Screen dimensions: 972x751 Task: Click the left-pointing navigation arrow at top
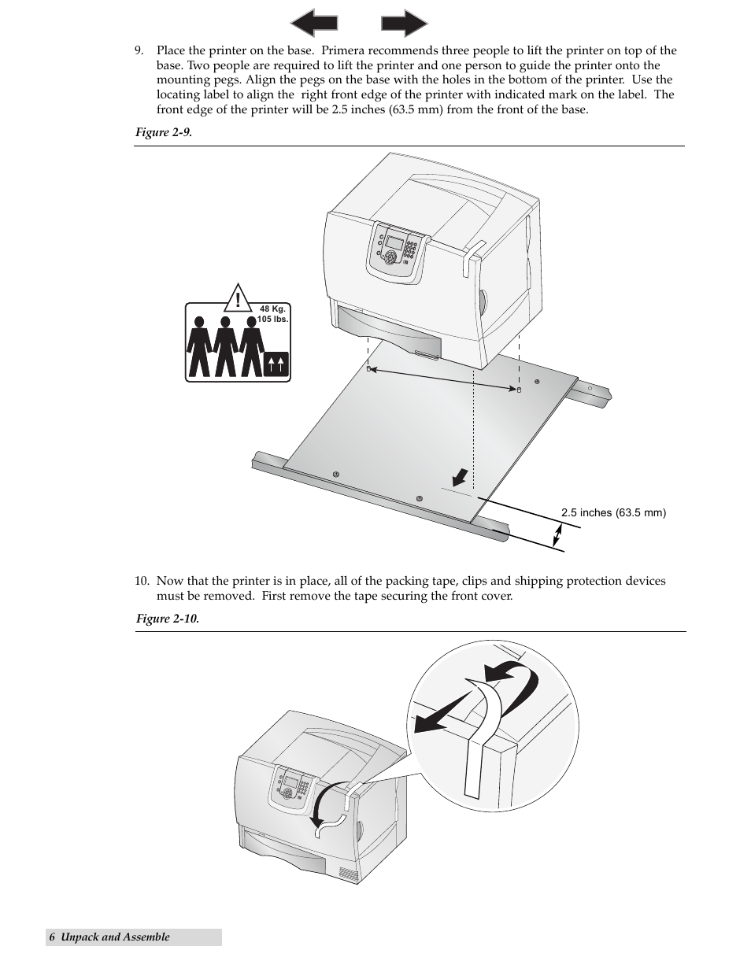click(314, 23)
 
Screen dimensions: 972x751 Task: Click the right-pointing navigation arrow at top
click(404, 23)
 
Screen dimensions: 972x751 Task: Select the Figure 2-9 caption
click(164, 132)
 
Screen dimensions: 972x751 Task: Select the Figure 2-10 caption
click(167, 619)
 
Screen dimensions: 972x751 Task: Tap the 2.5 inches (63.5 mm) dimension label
click(613, 513)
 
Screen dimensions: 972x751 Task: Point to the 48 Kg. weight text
click(272, 309)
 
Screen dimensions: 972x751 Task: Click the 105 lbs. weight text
click(272, 320)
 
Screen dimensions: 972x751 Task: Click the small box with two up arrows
click(276, 364)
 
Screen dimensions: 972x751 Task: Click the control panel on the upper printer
click(398, 249)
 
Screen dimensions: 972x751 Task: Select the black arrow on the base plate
click(460, 478)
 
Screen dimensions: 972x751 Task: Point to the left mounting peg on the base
click(368, 368)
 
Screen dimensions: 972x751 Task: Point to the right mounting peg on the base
click(518, 389)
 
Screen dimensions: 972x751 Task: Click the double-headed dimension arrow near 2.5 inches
click(557, 537)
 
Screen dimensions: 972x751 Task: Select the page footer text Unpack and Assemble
click(115, 937)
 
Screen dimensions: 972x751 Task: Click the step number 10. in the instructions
click(141, 582)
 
